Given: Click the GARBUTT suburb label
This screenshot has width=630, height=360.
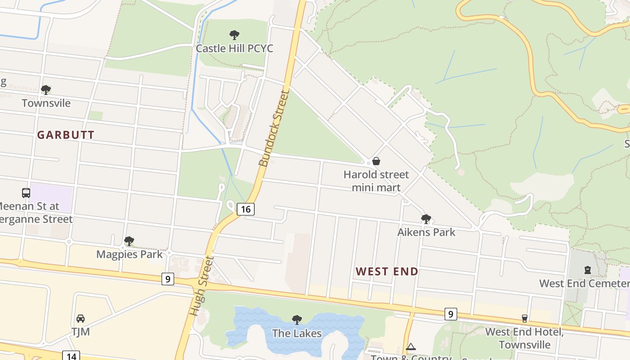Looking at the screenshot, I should pyautogui.click(x=66, y=135).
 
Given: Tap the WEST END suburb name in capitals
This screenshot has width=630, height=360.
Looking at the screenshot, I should pyautogui.click(x=387, y=271).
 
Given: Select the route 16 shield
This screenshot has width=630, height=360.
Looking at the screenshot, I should pyautogui.click(x=245, y=209).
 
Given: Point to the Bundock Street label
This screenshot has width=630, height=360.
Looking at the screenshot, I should pyautogui.click(x=274, y=128).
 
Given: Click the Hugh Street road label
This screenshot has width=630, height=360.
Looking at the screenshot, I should pyautogui.click(x=201, y=286).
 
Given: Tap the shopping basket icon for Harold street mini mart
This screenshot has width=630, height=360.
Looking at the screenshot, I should pyautogui.click(x=376, y=161).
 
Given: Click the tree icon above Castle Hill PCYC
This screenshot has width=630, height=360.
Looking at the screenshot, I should pyautogui.click(x=234, y=35).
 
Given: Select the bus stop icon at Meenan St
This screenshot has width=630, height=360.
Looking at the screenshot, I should pyautogui.click(x=26, y=193).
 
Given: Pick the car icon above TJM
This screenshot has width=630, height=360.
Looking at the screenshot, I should pyautogui.click(x=81, y=319).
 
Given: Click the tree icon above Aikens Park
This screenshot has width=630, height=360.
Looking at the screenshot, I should pyautogui.click(x=426, y=219).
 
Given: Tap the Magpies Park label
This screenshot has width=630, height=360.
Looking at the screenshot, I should pyautogui.click(x=130, y=254).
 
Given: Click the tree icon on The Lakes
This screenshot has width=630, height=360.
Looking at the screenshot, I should pyautogui.click(x=297, y=320).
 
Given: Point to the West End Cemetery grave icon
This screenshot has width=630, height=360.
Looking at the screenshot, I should pyautogui.click(x=587, y=270).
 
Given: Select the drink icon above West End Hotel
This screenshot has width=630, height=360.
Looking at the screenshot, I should pyautogui.click(x=524, y=319).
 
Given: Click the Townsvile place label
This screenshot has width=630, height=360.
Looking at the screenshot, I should pyautogui.click(x=46, y=103).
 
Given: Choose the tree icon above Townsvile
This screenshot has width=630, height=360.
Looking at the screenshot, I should pyautogui.click(x=45, y=90).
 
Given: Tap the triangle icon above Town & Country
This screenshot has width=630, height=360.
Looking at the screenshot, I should pyautogui.click(x=410, y=347).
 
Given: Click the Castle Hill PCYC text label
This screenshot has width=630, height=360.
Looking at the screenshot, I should pyautogui.click(x=234, y=48).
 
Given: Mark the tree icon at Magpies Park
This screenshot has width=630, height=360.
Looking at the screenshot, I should pyautogui.click(x=129, y=241).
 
